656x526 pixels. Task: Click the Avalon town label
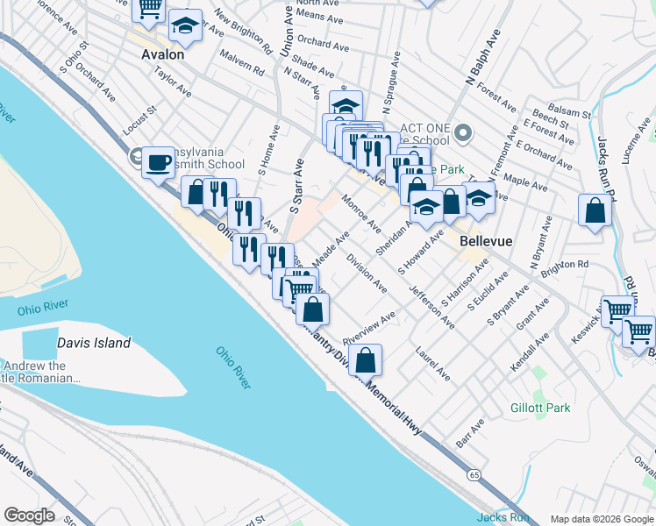tap(163, 54)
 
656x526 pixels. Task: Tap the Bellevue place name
tap(484, 239)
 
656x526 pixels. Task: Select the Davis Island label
tap(94, 344)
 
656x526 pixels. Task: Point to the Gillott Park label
tap(540, 408)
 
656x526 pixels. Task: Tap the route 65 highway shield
tap(474, 475)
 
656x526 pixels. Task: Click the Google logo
tap(29, 515)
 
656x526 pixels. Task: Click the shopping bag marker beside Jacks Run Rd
tap(595, 211)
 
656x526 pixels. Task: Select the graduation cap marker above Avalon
tap(185, 26)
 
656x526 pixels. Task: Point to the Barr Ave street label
tap(470, 432)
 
